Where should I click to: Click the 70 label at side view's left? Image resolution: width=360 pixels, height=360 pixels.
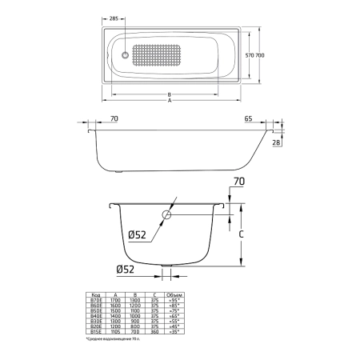pos(114,118)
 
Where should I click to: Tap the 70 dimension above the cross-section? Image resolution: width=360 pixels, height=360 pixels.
pos(237,183)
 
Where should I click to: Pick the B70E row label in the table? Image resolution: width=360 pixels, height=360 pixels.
pos(98,299)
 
